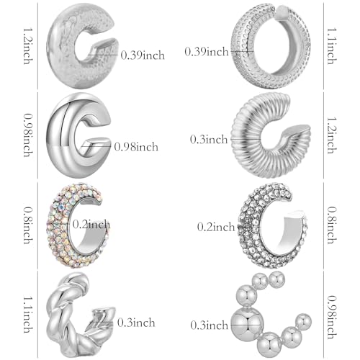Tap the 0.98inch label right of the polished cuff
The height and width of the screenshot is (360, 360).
(136, 147)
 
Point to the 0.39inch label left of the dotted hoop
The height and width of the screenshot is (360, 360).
(208, 51)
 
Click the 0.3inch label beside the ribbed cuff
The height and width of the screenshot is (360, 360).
(210, 138)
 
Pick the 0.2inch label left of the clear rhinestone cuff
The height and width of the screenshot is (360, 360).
(216, 227)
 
